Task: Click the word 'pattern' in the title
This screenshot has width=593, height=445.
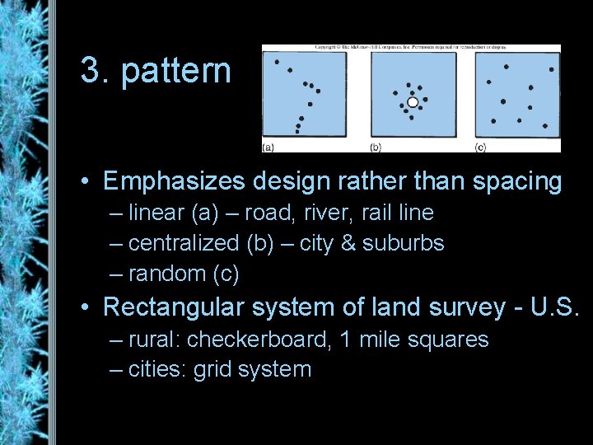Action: [x=176, y=72]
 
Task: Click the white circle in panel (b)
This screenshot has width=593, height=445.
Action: [x=413, y=102]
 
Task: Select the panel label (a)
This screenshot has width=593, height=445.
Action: [x=268, y=148]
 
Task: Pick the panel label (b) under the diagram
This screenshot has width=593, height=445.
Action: [x=376, y=148]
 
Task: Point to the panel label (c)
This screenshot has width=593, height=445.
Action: [x=480, y=148]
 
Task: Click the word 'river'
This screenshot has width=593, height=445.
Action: [x=309, y=213]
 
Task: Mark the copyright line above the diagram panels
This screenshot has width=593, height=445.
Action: [x=411, y=49]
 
